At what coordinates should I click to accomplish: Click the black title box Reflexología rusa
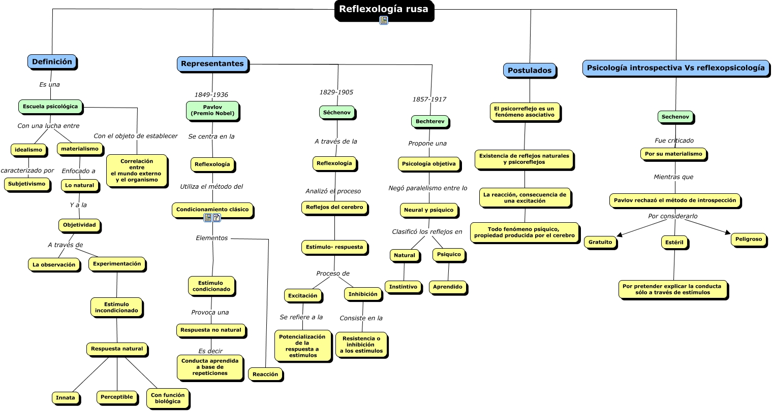coord(384,10)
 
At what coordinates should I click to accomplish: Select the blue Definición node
coord(52,62)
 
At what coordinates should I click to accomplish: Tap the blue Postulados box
coord(530,71)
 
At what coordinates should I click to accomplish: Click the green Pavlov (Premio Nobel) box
coord(212,111)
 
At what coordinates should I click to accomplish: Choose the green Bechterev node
coord(430,121)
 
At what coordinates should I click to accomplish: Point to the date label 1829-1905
coord(336,92)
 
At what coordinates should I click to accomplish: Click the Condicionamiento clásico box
coord(212,210)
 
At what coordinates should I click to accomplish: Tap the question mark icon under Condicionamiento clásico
coord(217,218)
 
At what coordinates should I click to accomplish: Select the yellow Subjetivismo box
coord(27,184)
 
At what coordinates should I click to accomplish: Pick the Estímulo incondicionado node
coord(116,307)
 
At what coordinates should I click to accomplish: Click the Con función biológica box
coord(168,398)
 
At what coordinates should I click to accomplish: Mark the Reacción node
coord(265,374)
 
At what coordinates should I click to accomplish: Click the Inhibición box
coord(363,294)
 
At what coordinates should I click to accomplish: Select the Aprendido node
coord(448,287)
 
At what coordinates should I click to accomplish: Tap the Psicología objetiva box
coord(429,164)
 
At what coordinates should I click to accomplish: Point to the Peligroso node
coord(749,239)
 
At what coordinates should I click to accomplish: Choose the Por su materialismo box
coord(673,154)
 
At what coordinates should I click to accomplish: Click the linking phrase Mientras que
coord(673,177)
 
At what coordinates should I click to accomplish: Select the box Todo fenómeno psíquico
coord(524,233)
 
